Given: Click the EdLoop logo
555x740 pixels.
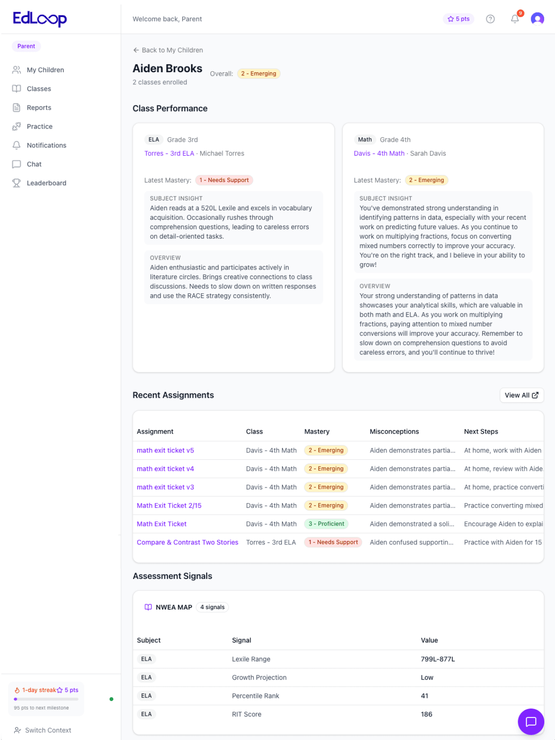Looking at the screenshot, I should [39, 19].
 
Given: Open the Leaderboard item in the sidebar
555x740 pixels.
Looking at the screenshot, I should [46, 183].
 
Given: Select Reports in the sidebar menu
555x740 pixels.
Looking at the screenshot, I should [39, 108].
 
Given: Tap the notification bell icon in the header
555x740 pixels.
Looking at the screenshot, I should [515, 19].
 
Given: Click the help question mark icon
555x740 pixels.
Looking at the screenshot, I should [490, 19].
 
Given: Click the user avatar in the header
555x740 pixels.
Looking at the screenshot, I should [537, 19].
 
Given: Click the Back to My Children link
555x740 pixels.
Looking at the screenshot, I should [168, 50].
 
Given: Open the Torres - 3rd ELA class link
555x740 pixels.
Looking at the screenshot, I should [169, 153].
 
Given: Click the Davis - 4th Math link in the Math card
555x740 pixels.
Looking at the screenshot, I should [379, 153].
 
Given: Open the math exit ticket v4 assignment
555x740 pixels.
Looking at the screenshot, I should [165, 469].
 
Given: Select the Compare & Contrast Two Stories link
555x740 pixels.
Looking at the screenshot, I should [187, 542].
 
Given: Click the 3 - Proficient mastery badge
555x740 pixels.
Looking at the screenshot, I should [326, 524].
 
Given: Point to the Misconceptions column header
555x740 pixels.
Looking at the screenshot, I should [394, 431].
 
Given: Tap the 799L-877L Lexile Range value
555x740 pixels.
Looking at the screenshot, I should [438, 659].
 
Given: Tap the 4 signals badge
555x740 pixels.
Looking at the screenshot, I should [212, 607].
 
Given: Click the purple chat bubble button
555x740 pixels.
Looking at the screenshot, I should [531, 721].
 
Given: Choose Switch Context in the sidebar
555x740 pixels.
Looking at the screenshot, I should [48, 730].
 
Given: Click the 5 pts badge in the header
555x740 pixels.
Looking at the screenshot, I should [458, 19].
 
